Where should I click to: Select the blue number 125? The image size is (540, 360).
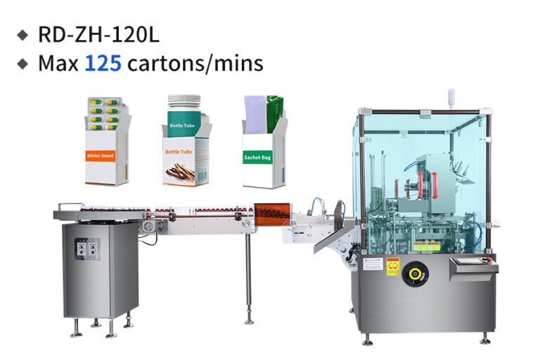point(103,64)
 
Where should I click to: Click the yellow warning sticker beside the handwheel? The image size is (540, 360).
point(392,266)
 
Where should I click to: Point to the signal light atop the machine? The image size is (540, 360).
point(451,98)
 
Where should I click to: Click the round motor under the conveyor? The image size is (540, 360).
point(148,225)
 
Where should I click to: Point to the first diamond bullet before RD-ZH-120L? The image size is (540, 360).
point(23,34)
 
